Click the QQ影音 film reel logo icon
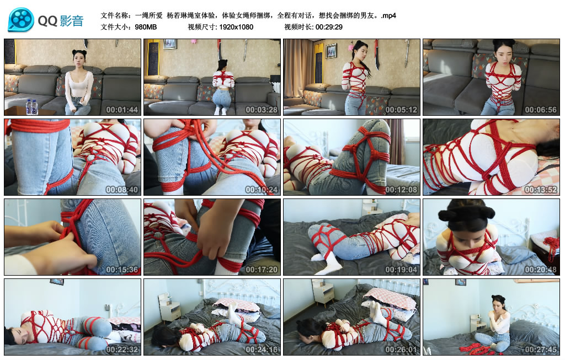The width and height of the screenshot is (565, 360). (21, 20)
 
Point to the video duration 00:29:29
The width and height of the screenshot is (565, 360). (329, 26)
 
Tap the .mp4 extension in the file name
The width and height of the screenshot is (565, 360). (388, 15)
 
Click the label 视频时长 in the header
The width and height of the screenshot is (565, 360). (298, 26)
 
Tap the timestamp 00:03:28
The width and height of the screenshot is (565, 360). (261, 109)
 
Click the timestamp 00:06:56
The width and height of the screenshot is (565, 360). (540, 109)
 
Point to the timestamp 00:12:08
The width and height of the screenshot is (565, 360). (401, 190)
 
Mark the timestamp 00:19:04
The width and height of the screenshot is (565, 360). (401, 270)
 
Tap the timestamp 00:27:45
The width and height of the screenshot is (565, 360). (540, 349)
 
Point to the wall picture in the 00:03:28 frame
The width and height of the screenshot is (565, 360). (169, 44)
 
